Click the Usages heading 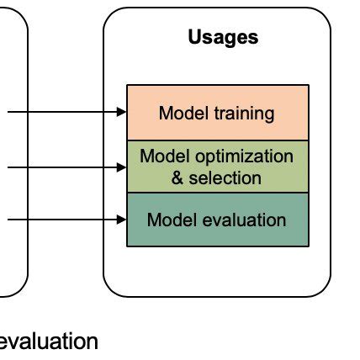223,37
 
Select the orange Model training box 217,112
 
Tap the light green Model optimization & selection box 217,166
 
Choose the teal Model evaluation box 217,220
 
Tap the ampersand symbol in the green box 177,177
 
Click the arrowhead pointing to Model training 121,112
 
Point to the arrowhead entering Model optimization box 121,167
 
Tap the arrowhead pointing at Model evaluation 121,220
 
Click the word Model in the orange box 177,113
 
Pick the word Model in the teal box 167,220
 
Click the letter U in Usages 193,37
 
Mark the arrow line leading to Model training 59,112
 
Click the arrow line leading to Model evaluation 59,220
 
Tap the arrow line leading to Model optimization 59,167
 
